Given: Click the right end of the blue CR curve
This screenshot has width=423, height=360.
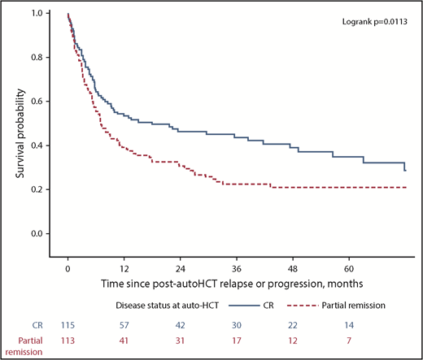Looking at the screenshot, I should click(x=405, y=171).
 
